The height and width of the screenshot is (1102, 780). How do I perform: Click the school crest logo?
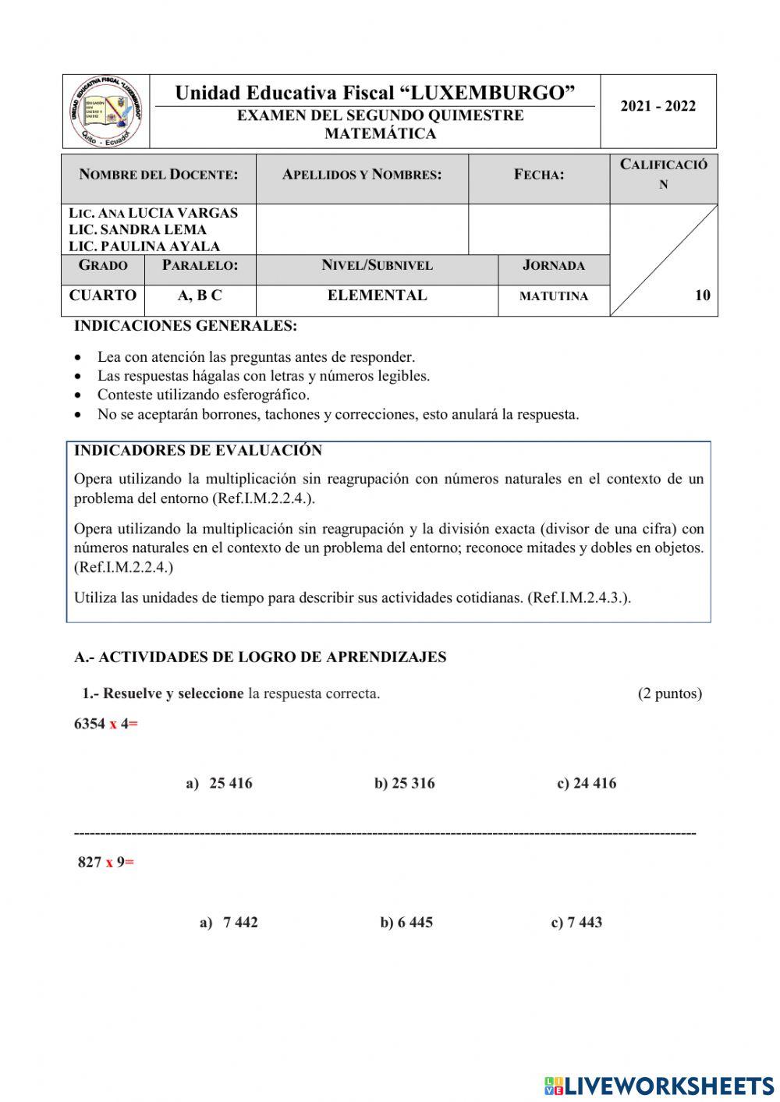point(106,112)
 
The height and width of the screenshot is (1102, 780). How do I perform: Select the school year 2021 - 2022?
point(658,107)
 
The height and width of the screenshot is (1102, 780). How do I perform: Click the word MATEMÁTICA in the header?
point(380,133)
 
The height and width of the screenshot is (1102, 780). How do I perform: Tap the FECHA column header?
point(539,175)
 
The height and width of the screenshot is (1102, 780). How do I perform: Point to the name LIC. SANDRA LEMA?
point(137,229)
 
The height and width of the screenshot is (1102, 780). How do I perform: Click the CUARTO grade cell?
point(102,296)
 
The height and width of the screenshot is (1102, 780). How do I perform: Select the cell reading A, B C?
point(200,296)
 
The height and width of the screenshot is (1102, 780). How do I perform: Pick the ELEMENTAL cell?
point(377,296)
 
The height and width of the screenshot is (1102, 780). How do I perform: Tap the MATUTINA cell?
point(554,296)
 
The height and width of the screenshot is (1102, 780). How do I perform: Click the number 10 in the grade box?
point(702,295)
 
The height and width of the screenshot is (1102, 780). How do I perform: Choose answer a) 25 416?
point(219,783)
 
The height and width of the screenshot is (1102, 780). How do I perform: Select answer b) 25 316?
point(404,783)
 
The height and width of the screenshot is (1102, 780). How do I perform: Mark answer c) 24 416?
point(586,783)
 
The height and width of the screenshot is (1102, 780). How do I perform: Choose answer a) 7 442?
point(229,923)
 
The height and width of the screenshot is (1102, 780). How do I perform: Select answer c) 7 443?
point(576,923)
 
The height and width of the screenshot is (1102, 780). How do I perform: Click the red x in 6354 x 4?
point(113,724)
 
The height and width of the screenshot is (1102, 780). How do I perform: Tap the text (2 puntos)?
point(669,693)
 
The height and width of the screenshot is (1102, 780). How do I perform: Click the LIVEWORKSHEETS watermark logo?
point(658,1085)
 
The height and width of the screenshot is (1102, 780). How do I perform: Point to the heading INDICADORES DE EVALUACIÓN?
point(197,451)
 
